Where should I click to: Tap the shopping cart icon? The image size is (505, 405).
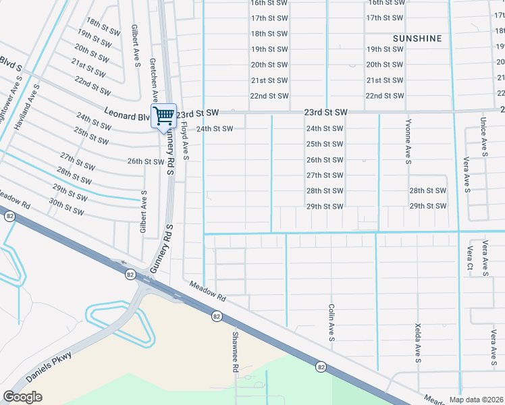[x=163, y=116]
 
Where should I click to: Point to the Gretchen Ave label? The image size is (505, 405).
[x=155, y=80]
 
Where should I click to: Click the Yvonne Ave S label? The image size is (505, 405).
[x=408, y=141]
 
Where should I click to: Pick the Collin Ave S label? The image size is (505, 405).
[x=331, y=321]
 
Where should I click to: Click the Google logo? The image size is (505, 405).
[x=22, y=397]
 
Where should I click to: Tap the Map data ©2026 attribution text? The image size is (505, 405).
[x=477, y=400]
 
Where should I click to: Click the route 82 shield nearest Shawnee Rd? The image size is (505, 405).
[x=216, y=316]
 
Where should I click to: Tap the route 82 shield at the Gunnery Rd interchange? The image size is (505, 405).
[x=130, y=275]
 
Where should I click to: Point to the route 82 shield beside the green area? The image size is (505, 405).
[x=320, y=367]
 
